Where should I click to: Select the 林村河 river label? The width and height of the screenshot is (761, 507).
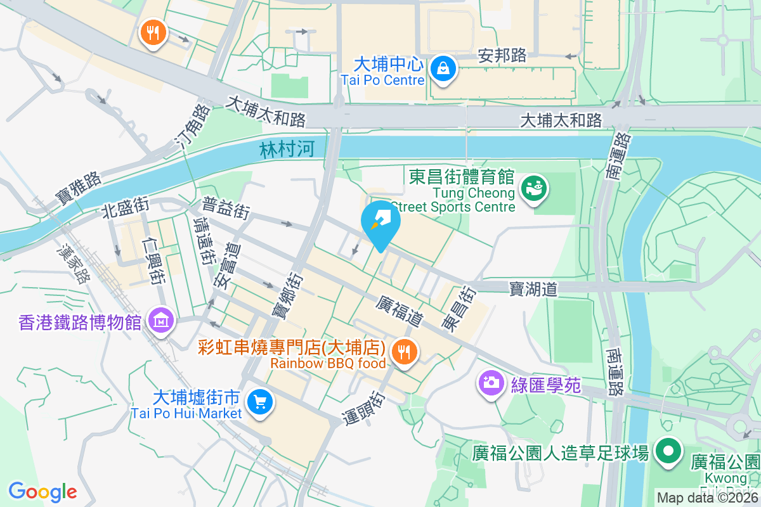[x=287, y=150]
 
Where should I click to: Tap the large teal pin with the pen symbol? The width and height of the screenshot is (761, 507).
[x=380, y=222]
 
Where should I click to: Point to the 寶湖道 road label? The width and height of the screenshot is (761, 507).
[x=533, y=289]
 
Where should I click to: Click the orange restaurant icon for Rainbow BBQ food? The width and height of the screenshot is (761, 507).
[x=403, y=350]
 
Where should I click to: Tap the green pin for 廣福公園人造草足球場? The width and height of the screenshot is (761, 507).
[x=668, y=451]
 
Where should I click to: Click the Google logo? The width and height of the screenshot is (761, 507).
[x=42, y=492]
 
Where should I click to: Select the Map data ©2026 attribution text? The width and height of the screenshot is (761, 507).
[x=708, y=498]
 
